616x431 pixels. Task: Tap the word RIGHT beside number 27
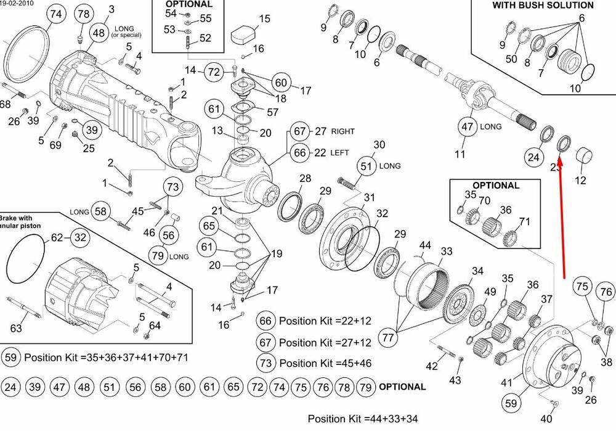342,131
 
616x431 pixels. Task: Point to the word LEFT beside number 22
340,152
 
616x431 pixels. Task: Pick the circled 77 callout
387,337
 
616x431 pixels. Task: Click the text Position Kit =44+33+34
363,419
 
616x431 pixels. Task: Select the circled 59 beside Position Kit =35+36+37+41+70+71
12,357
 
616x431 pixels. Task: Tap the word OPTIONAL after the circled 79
402,387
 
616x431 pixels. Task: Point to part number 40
546,419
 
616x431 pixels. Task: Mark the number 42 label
432,366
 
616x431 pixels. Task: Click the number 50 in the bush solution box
511,59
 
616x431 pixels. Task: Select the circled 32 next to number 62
79,237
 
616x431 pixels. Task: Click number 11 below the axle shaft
460,154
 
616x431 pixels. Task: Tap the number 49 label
490,292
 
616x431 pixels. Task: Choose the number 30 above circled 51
379,145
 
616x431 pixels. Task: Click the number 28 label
305,179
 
